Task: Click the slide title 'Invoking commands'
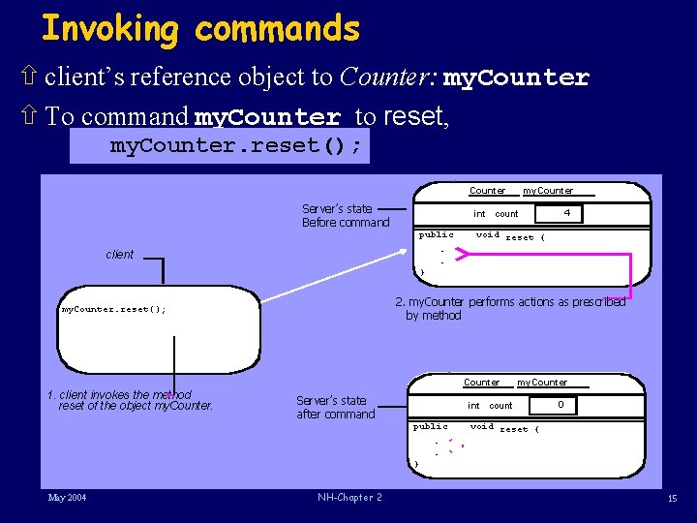click(x=200, y=29)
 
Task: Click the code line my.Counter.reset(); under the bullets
click(x=236, y=146)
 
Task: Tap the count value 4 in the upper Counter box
click(x=567, y=212)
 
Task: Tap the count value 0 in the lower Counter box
click(x=561, y=404)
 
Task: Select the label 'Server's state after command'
click(x=335, y=407)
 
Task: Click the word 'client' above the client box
click(x=120, y=255)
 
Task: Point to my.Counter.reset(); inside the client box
click(x=113, y=310)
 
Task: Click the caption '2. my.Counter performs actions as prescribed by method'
click(x=510, y=308)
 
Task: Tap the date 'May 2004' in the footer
click(x=68, y=498)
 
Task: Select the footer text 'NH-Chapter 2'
click(x=349, y=498)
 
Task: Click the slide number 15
click(x=672, y=499)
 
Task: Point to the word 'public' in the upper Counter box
click(x=436, y=234)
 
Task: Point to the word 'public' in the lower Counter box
click(x=431, y=426)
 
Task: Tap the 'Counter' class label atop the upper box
click(x=487, y=191)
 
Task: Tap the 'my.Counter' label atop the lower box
click(x=542, y=383)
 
